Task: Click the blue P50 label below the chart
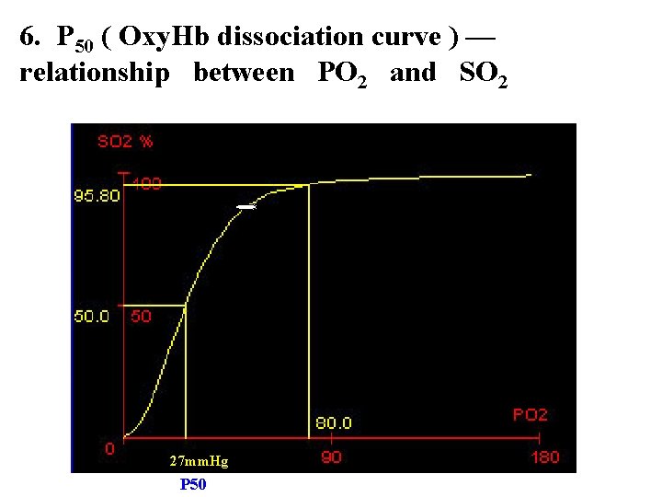[193, 484]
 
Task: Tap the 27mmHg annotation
[199, 461]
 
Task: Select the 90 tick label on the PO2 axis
[331, 457]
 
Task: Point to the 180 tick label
[545, 457]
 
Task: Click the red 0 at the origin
[109, 448]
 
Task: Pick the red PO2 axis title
[531, 414]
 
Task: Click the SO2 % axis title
[125, 141]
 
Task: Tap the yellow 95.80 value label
[97, 196]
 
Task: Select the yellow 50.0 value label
[92, 316]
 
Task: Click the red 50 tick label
[141, 316]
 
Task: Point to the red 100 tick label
[146, 183]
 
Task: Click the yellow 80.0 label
[334, 423]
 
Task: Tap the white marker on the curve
[246, 207]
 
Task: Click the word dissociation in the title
[291, 37]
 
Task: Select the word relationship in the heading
[95, 74]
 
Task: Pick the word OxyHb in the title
[164, 38]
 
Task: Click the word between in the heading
[244, 73]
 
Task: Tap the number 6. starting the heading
[29, 36]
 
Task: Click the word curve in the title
[406, 38]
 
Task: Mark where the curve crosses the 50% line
[186, 306]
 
